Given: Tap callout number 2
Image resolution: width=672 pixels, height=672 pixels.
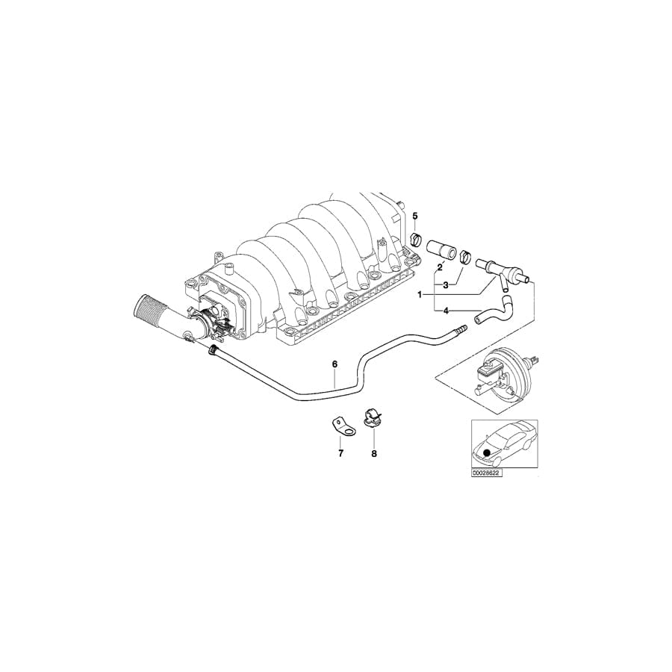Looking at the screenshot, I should click(440, 267).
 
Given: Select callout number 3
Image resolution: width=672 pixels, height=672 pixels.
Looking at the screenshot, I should click(446, 285).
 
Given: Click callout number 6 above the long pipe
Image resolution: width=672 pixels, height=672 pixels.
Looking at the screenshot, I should click(335, 364).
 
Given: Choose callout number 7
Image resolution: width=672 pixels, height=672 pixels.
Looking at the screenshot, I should click(340, 453).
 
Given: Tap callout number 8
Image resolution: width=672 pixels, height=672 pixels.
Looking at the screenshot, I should click(374, 453).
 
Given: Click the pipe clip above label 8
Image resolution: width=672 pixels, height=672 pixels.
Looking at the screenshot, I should click(373, 418).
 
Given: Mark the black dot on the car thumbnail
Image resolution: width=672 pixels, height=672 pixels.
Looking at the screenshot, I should click(487, 452).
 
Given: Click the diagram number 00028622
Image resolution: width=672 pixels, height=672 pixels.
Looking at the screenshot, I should click(486, 473).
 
